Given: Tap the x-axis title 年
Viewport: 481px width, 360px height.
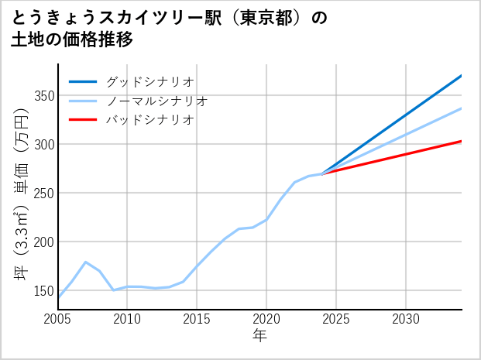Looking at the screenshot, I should click(x=259, y=335).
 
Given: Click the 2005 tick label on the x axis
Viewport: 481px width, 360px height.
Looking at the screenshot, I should click(x=58, y=319).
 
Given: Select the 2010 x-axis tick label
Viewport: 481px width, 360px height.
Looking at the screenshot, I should click(x=127, y=319).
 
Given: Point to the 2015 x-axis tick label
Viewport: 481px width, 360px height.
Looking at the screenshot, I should click(x=197, y=319).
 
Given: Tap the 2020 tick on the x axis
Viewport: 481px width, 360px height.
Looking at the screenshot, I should click(x=266, y=319).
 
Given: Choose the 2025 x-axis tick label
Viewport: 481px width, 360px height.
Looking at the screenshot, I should click(x=336, y=319).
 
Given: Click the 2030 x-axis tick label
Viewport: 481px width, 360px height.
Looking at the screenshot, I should click(x=406, y=319).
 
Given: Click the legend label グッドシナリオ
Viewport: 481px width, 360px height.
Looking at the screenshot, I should click(x=149, y=81).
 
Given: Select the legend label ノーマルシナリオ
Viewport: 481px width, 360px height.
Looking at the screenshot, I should click(x=156, y=101).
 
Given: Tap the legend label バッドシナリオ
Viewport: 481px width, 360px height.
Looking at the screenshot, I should click(x=149, y=120).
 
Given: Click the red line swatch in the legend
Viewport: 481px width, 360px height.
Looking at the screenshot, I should click(x=83, y=120).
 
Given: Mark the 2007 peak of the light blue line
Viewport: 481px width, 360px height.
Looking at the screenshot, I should click(x=86, y=262).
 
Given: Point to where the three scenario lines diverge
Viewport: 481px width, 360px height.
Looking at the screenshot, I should click(x=322, y=173).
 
